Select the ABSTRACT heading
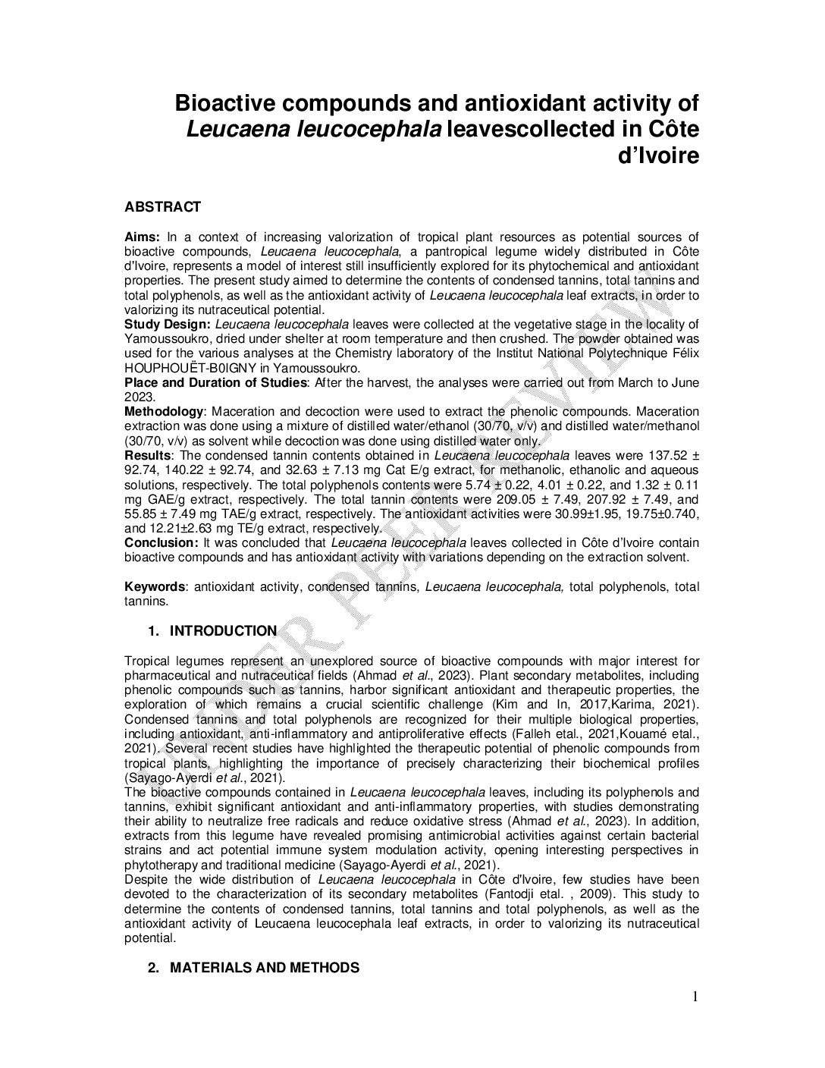[x=162, y=207]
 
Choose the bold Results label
[x=147, y=456]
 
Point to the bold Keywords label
[x=155, y=587]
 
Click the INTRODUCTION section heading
[x=223, y=631]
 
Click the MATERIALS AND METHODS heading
[x=264, y=968]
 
